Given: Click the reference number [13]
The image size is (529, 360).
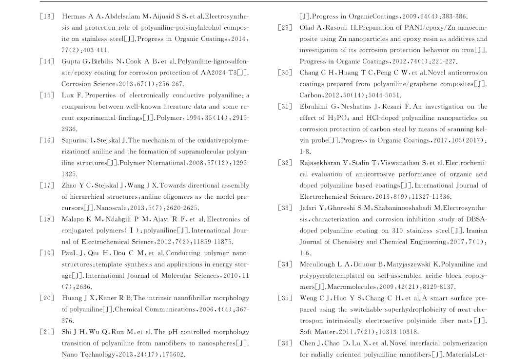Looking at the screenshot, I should [x=47, y=17].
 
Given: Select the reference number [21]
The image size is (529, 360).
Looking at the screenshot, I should [x=47, y=332].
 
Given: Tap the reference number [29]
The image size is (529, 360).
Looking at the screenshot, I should [x=285, y=28].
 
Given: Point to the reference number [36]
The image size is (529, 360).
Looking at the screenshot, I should [x=285, y=343].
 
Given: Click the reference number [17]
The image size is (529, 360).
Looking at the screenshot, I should [x=47, y=186].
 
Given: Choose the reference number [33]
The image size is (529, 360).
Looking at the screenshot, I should [x=285, y=208].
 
